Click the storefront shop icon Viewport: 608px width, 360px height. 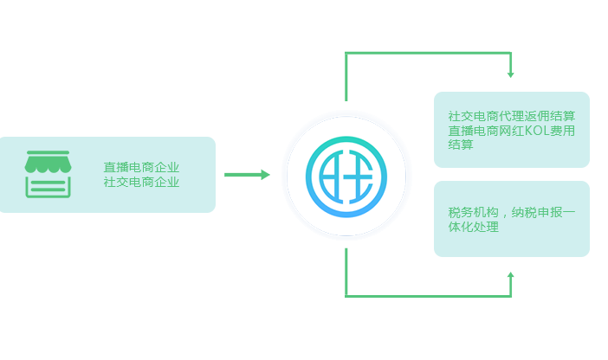click(x=49, y=174)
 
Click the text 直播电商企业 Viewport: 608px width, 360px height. click(x=141, y=167)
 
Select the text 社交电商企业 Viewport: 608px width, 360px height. click(x=141, y=182)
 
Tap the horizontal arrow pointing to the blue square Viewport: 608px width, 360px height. click(x=247, y=175)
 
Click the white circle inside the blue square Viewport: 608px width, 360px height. click(x=346, y=175)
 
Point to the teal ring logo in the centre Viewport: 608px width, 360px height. click(x=346, y=175)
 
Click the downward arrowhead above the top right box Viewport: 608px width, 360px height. click(x=510, y=74)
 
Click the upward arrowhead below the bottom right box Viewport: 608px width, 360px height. click(x=510, y=276)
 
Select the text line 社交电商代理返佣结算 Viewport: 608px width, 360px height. click(x=512, y=115)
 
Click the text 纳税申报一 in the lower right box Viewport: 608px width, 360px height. click(x=543, y=213)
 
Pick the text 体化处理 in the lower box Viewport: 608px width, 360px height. click(x=473, y=228)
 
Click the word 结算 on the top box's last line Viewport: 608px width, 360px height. click(x=461, y=145)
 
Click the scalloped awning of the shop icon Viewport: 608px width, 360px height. click(x=49, y=161)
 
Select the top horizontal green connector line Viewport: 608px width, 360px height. click(x=429, y=55)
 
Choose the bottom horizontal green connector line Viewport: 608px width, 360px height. click(x=429, y=295)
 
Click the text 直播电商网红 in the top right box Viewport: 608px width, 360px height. click(x=486, y=131)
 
